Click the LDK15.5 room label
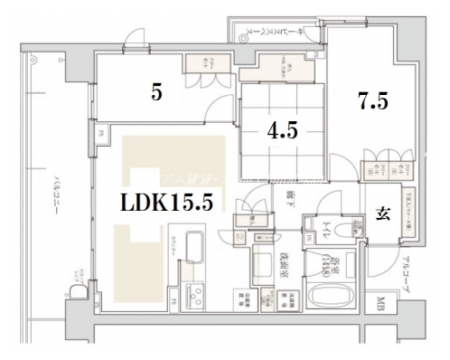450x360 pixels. point(167,204)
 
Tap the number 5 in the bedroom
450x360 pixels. point(156,93)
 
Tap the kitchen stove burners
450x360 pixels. point(194,294)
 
